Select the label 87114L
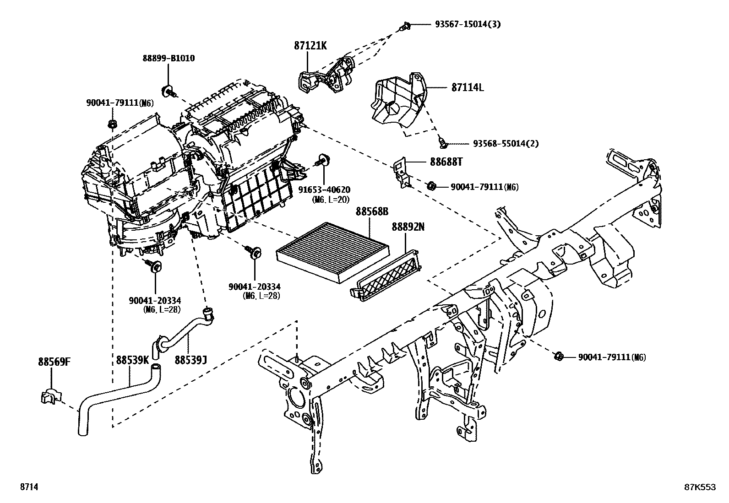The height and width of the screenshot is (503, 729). tap(467, 87)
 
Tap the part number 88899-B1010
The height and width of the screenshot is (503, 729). tap(169, 58)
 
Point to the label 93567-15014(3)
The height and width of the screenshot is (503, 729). tap(468, 24)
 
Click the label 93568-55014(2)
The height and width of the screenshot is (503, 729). tap(506, 144)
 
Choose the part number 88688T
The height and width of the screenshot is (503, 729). tap(446, 162)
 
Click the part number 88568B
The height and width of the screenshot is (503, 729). tap(372, 211)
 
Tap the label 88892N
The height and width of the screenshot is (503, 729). tap(408, 227)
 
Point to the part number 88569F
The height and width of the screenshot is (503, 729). tap(54, 362)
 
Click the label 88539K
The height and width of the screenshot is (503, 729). tap(132, 360)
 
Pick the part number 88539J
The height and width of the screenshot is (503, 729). tap(190, 360)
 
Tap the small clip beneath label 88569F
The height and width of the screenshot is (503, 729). tap(51, 397)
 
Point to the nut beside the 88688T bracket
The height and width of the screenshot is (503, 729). tap(431, 186)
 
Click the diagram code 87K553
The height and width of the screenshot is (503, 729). tap(700, 487)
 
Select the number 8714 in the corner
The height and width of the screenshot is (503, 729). tap(28, 487)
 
